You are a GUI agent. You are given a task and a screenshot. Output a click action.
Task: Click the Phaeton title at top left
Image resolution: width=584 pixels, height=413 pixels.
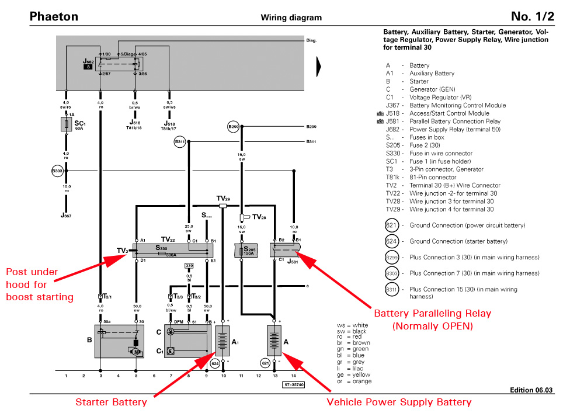[54, 16]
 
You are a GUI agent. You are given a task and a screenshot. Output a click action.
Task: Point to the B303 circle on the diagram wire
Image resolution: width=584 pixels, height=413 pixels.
[57, 171]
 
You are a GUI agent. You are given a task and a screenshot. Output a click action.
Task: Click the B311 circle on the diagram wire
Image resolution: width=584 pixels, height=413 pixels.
[179, 141]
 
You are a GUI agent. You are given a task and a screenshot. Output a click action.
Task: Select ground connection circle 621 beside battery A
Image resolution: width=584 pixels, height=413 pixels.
[266, 363]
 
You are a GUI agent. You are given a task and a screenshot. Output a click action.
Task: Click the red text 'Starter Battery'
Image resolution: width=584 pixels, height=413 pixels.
[112, 402]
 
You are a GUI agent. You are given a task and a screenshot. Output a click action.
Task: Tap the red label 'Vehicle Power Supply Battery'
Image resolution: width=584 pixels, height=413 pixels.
[399, 402]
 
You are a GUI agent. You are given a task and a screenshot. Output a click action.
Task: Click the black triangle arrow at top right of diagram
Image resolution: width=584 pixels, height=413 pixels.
[318, 66]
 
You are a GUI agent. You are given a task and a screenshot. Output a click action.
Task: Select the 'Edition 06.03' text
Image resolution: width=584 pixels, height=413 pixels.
[531, 390]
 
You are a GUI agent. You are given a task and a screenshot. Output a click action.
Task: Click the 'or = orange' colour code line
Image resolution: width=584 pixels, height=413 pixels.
[354, 381]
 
